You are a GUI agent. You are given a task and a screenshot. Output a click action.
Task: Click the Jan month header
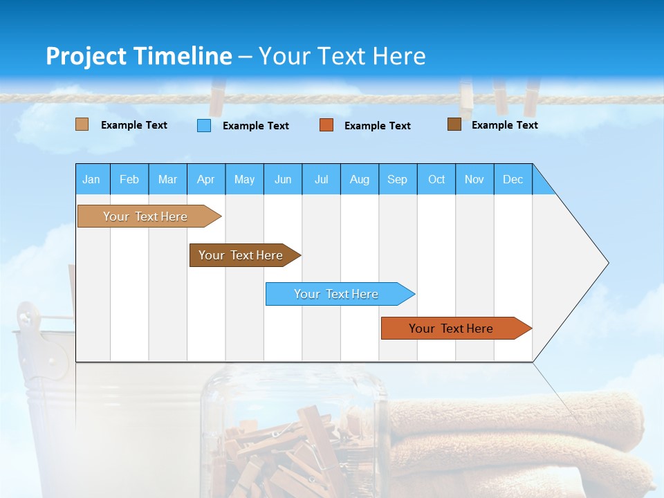tap(92, 179)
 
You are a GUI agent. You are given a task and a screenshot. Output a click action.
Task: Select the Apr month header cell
tap(205, 179)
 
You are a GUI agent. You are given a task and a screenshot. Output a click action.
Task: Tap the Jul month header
tap(321, 179)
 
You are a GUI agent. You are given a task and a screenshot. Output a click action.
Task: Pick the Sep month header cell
tap(397, 179)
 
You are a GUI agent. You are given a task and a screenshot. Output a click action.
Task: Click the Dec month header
tap(513, 179)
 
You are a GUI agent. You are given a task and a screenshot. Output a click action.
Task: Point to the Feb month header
tap(129, 179)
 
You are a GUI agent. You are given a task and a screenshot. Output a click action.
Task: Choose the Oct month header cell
tap(436, 179)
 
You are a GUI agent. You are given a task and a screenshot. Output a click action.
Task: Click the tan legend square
tap(82, 124)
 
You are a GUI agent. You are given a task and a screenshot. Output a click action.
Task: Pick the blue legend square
tap(204, 125)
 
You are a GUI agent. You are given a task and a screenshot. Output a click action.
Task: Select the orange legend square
tap(326, 125)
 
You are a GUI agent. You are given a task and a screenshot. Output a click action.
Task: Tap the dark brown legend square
tap(454, 124)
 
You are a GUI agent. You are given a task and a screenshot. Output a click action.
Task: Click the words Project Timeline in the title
tap(139, 56)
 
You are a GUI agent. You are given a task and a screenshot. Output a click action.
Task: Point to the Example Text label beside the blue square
tap(255, 126)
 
